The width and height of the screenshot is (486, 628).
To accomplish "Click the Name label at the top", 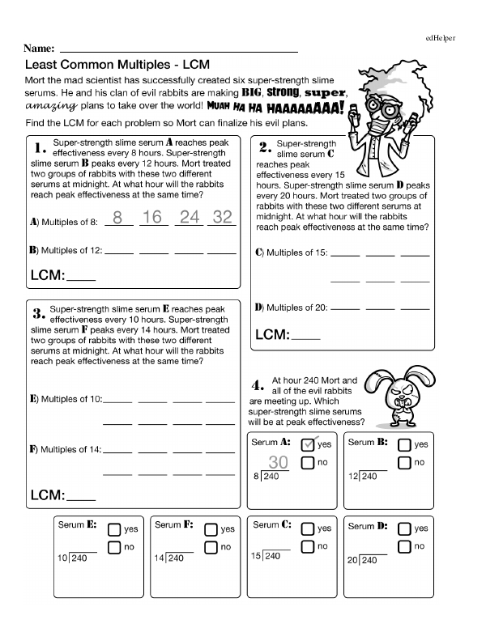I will click(x=40, y=49).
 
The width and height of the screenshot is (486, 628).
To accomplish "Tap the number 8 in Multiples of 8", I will click(x=117, y=217).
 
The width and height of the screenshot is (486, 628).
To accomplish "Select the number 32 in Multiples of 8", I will click(x=221, y=217).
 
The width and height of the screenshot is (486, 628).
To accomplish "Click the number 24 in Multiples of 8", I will click(x=188, y=217).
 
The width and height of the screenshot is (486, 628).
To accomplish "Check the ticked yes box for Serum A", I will click(x=308, y=444).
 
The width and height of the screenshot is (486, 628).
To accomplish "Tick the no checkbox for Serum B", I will click(x=404, y=463).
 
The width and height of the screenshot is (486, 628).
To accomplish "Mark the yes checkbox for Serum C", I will click(x=308, y=528).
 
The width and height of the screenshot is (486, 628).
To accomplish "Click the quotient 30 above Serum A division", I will click(x=279, y=462).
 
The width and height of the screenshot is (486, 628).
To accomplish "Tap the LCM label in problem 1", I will click(x=48, y=275).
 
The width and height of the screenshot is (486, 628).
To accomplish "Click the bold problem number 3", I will click(x=37, y=313).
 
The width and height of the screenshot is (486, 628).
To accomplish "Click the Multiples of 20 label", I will click(x=292, y=308).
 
